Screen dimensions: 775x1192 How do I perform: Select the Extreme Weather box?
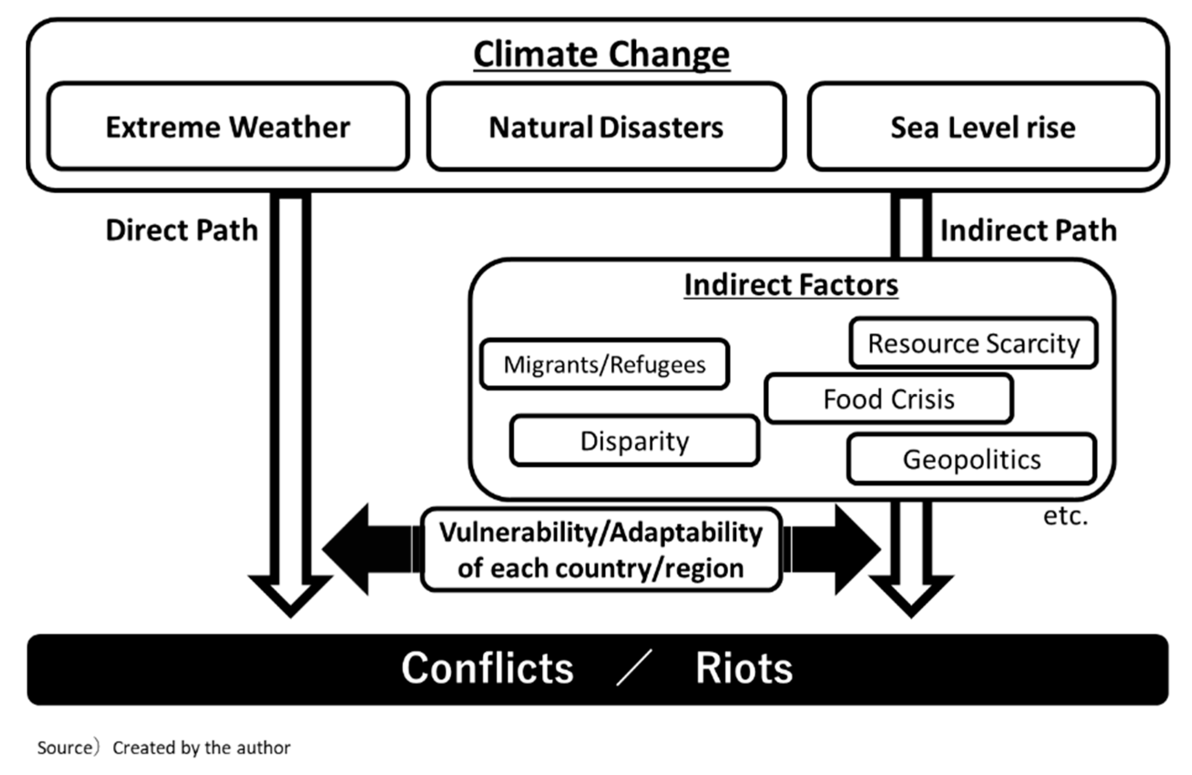pyautogui.click(x=228, y=127)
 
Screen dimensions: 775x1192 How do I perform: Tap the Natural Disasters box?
pyautogui.click(x=606, y=127)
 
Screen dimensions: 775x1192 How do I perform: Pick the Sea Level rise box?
pyautogui.click(x=983, y=127)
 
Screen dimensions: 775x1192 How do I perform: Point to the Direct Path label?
pyautogui.click(x=182, y=230)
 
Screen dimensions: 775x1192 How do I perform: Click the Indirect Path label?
pyautogui.click(x=1028, y=230)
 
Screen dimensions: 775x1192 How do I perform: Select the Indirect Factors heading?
pyautogui.click(x=791, y=285)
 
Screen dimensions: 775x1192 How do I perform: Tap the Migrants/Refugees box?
pyautogui.click(x=605, y=365)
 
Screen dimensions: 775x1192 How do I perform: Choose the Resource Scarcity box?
pyautogui.click(x=973, y=344)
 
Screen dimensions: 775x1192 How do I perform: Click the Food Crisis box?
pyautogui.click(x=889, y=399)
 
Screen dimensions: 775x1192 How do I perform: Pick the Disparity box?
pyautogui.click(x=635, y=441)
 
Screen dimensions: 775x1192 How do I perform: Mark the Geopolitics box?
pyautogui.click(x=972, y=459)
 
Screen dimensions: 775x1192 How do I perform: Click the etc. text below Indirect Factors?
pyautogui.click(x=1065, y=516)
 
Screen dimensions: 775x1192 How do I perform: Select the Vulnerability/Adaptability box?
pyautogui.click(x=601, y=550)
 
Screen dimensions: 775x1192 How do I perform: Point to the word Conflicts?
pyautogui.click(x=487, y=669)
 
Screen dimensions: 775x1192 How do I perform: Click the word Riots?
pyautogui.click(x=744, y=669)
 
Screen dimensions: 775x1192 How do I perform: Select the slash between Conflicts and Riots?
pyautogui.click(x=634, y=667)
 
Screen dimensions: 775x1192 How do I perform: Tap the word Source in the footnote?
pyautogui.click(x=65, y=747)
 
